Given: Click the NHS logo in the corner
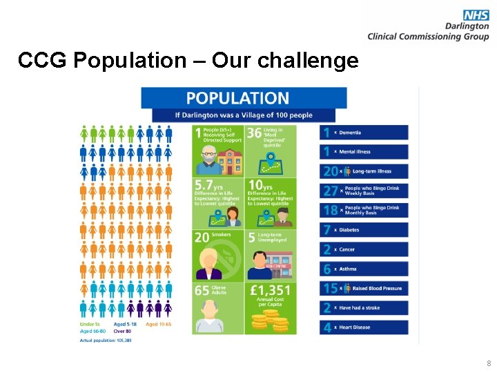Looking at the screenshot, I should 476,15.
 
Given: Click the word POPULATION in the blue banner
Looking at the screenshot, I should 237,98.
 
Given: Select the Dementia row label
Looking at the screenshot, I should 349,133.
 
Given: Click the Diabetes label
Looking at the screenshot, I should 349,230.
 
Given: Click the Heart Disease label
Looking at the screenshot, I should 354,327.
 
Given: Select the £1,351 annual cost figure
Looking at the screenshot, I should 271,291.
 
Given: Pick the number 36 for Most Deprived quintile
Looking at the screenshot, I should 254,132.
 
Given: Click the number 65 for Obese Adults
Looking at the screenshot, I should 202,291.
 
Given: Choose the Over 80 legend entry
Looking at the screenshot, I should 124,332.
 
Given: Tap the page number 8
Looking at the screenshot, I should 488,363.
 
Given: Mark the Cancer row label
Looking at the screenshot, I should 347,249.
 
